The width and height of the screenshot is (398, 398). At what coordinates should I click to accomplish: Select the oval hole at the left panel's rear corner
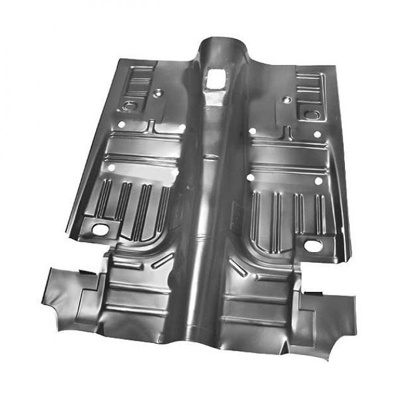click(x=100, y=228)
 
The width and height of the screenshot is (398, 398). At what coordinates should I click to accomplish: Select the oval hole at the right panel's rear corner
click(x=314, y=244)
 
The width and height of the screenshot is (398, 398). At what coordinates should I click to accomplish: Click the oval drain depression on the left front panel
click(x=131, y=105)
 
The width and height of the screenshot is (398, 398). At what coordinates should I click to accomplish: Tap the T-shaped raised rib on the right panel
click(x=288, y=135)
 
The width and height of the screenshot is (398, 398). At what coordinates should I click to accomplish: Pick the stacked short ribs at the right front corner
click(x=309, y=82)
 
